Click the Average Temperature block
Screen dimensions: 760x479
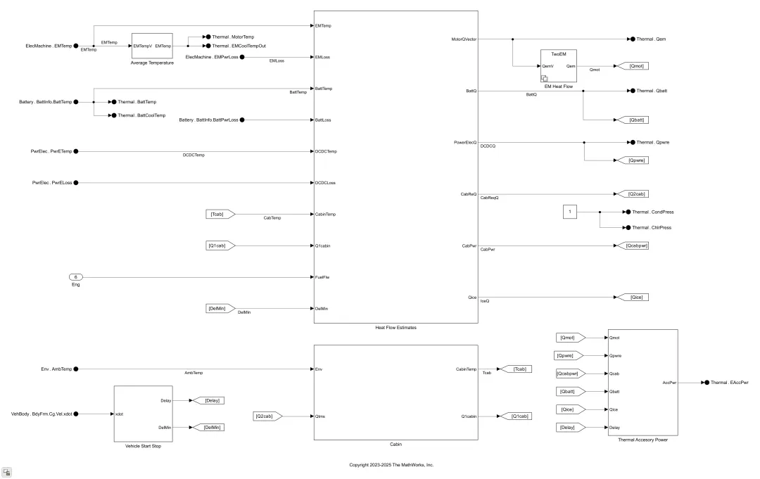pyautogui.click(x=152, y=46)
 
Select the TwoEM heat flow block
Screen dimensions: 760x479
pyautogui.click(x=558, y=66)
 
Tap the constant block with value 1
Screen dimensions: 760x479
pyautogui.click(x=570, y=212)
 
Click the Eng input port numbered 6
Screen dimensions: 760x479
pyautogui.click(x=75, y=277)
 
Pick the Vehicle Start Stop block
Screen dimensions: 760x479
pyautogui.click(x=143, y=414)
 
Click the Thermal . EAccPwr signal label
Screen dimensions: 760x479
pyautogui.click(x=730, y=383)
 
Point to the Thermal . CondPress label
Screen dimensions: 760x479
pyautogui.click(x=653, y=212)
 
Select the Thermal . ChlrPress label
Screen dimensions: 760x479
pyautogui.click(x=652, y=228)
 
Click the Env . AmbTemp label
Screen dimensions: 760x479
pyautogui.click(x=56, y=369)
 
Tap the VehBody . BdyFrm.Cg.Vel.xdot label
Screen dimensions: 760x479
pyautogui.click(x=42, y=414)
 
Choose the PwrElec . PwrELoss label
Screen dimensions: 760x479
pyautogui.click(x=52, y=183)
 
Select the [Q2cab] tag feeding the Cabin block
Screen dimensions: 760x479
pyautogui.click(x=267, y=416)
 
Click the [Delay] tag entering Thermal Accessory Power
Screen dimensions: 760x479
pyautogui.click(x=571, y=427)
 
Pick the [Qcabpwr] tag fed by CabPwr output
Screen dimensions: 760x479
pyautogui.click(x=633, y=245)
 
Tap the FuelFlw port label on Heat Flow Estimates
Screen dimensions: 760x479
pyautogui.click(x=322, y=277)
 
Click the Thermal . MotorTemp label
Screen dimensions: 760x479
pyautogui.click(x=233, y=37)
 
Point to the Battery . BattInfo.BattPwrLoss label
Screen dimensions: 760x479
pyautogui.click(x=208, y=120)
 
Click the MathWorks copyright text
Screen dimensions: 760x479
pyautogui.click(x=392, y=465)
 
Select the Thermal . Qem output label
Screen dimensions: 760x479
pyautogui.click(x=651, y=39)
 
